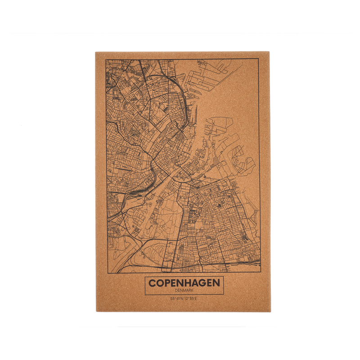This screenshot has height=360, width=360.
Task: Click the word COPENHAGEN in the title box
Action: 184,283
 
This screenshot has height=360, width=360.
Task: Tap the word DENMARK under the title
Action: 184,291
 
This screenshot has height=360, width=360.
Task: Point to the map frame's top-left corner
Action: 106,59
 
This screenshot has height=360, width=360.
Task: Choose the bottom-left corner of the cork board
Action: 95,312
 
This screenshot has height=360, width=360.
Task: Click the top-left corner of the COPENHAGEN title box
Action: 145,276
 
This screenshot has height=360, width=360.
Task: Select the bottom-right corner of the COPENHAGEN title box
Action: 224,295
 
